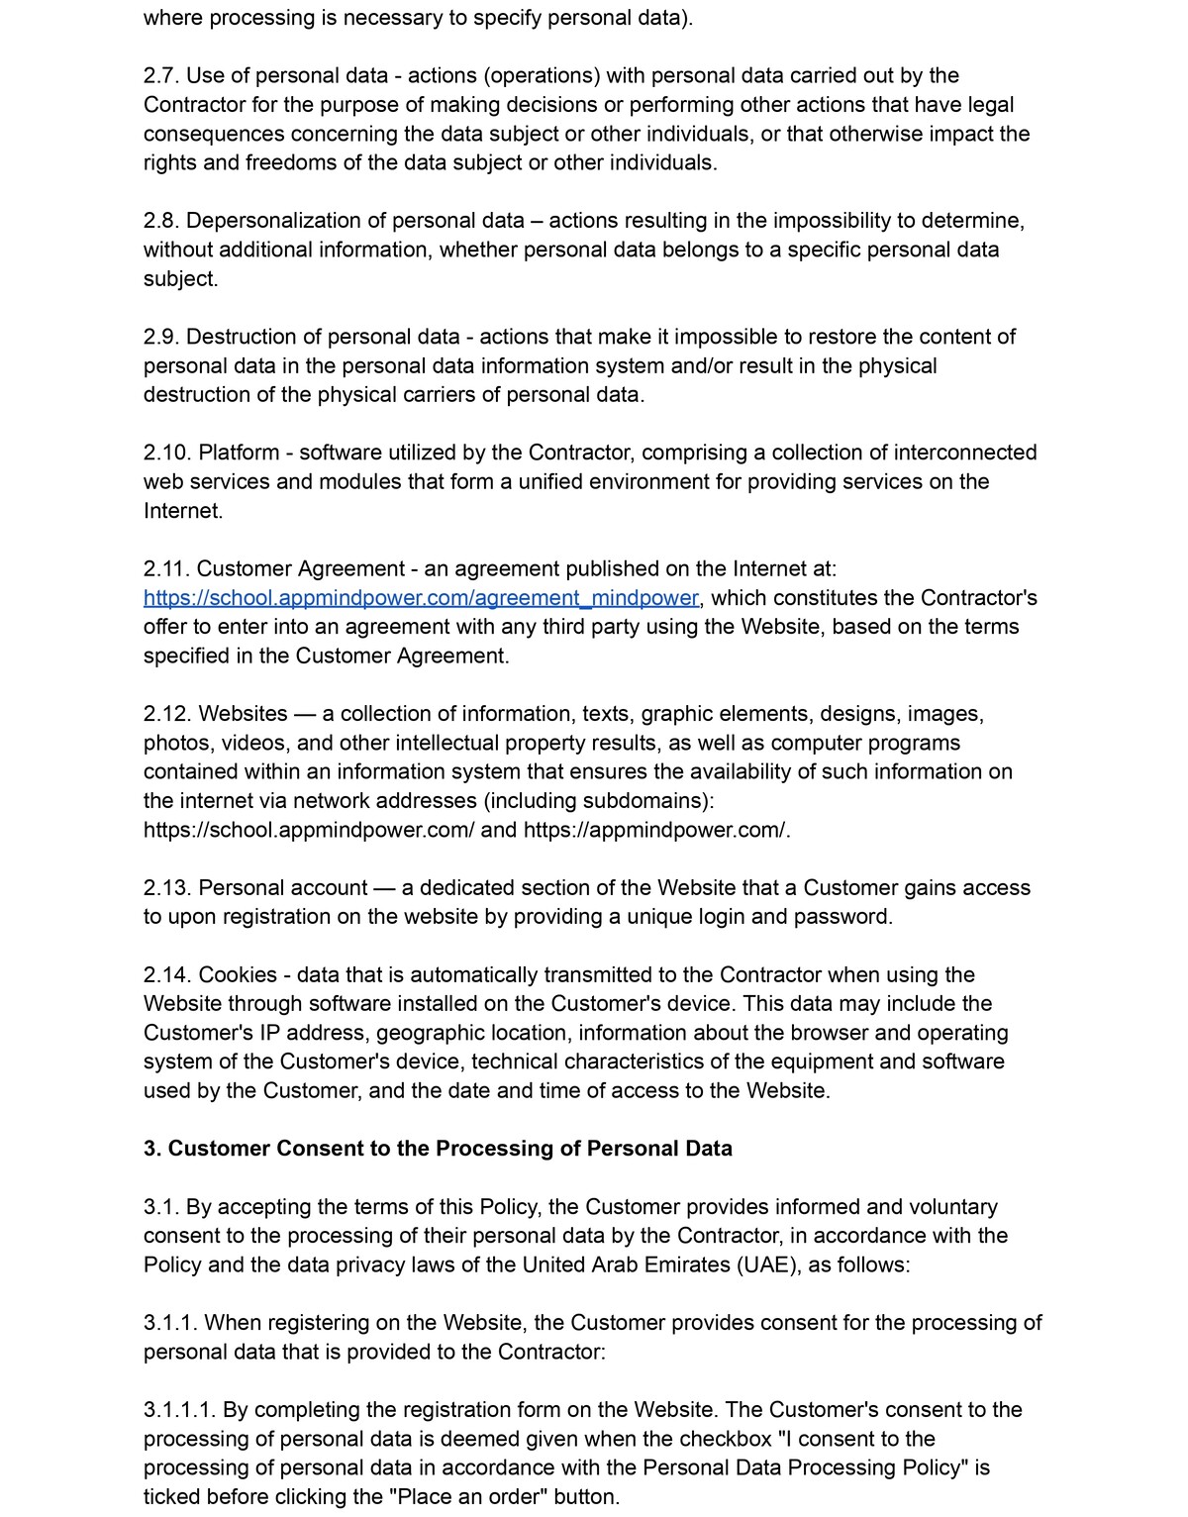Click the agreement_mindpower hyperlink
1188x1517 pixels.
(x=422, y=598)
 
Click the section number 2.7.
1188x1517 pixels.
(x=161, y=76)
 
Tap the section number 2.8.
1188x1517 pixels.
(x=161, y=221)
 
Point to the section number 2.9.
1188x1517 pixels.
(x=161, y=337)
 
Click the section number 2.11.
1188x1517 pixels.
(x=166, y=569)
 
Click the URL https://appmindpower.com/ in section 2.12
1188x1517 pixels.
(x=656, y=830)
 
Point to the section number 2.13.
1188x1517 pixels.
(x=167, y=888)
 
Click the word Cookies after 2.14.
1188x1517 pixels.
(x=238, y=975)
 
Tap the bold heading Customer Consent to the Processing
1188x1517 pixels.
(x=438, y=1149)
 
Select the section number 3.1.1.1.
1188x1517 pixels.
(x=179, y=1410)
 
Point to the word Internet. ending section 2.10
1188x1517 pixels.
(x=183, y=511)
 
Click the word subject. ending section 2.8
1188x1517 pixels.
(x=180, y=279)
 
